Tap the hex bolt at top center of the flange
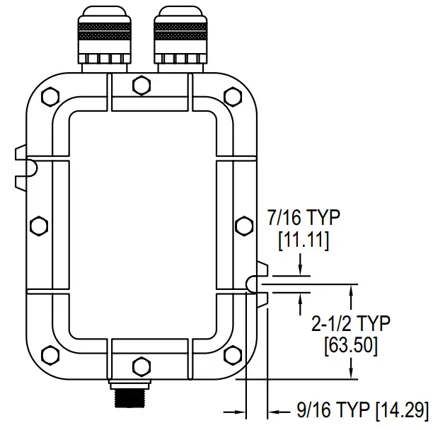tap(142, 87)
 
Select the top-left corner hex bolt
tap(49, 98)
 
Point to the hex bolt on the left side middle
tap(38, 226)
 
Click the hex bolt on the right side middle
tap(243, 226)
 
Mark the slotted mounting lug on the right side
tap(257, 283)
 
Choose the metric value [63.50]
tap(350, 346)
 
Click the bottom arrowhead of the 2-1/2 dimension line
tap(352, 374)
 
